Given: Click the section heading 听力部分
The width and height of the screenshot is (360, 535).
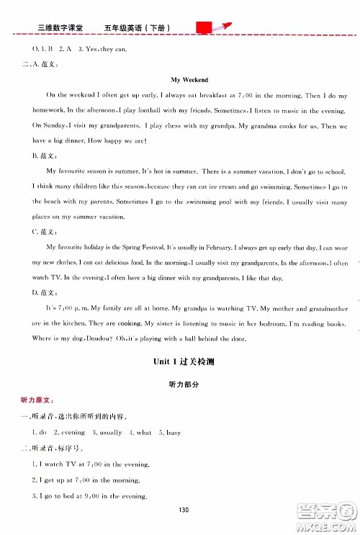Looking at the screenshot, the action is (180, 385).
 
